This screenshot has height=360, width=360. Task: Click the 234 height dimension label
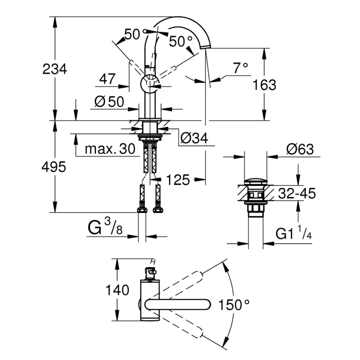click(x=55, y=69)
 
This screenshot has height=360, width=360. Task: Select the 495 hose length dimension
click(x=54, y=167)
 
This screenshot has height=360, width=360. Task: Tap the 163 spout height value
click(x=264, y=85)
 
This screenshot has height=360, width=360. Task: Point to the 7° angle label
click(x=241, y=68)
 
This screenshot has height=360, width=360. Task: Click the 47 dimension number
click(x=107, y=79)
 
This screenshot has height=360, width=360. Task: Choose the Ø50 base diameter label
click(x=109, y=101)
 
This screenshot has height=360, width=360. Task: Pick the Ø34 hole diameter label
click(x=194, y=138)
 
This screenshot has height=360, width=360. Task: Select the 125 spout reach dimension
click(x=178, y=179)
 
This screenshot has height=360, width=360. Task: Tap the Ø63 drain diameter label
click(x=300, y=149)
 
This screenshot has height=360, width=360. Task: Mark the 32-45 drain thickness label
click(x=297, y=193)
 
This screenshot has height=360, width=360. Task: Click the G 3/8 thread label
click(x=105, y=227)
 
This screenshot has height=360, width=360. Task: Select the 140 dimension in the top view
click(x=117, y=290)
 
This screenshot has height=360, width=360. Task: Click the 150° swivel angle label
click(x=234, y=305)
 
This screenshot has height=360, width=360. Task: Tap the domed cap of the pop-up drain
click(x=255, y=181)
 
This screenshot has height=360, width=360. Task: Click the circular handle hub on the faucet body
click(x=150, y=84)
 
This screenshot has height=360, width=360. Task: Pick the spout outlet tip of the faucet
click(x=206, y=47)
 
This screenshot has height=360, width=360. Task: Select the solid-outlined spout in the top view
click(x=178, y=305)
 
